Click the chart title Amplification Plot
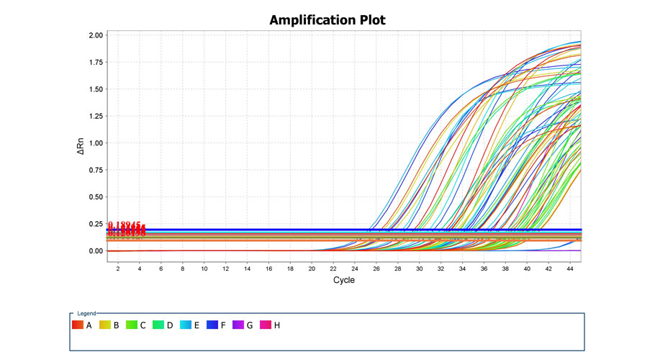click(327, 19)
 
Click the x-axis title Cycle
click(343, 280)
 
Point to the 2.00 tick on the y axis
click(96, 35)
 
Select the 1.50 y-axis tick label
click(96, 89)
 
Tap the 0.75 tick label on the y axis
click(96, 170)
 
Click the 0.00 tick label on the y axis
click(96, 251)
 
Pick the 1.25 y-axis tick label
click(96, 116)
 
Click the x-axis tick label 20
click(312, 268)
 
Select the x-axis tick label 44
click(570, 268)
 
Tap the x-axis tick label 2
click(118, 268)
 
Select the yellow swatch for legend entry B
click(106, 325)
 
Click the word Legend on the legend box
click(86, 314)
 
